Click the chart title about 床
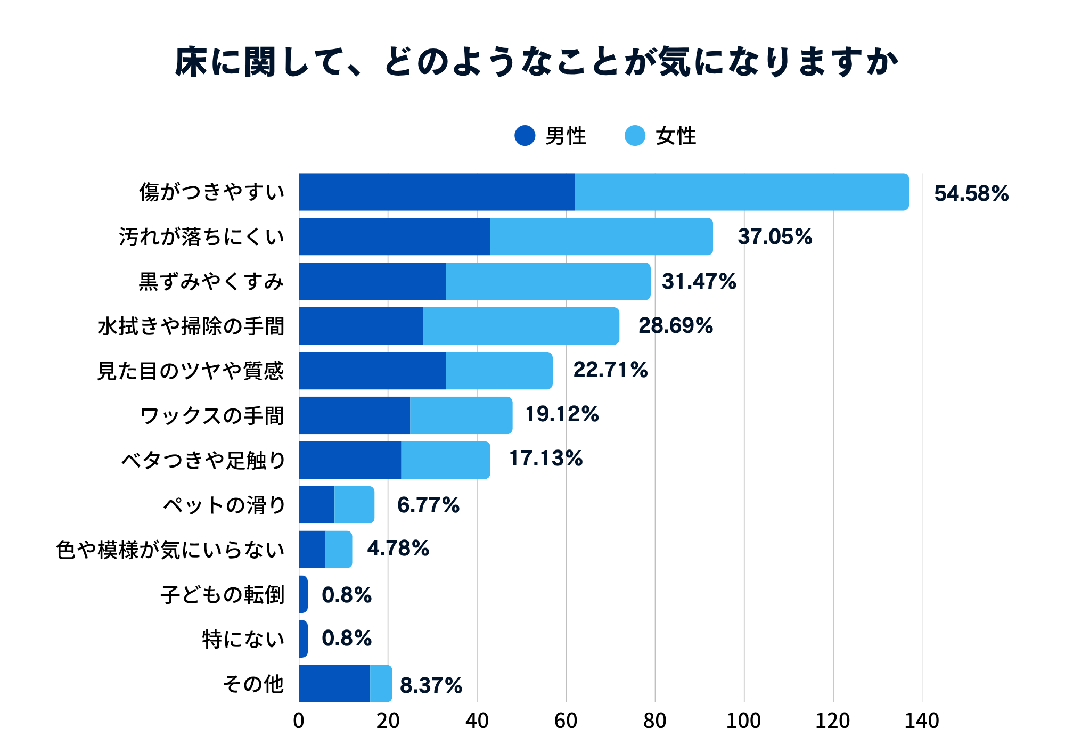[x=536, y=62]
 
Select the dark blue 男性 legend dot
[x=525, y=136]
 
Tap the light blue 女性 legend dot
[x=635, y=136]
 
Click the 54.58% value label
[x=971, y=193]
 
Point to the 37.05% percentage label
[x=775, y=236]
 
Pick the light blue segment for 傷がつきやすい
[x=742, y=192]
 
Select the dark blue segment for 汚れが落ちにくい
[x=395, y=236]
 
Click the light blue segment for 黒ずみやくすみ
[x=548, y=281]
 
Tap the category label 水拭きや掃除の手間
[x=191, y=326]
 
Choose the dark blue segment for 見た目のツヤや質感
[x=372, y=371]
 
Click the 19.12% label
[x=562, y=414]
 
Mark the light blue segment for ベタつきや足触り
[x=446, y=460]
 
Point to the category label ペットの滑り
[x=224, y=505]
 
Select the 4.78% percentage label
[x=398, y=549]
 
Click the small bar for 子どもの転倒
[x=303, y=594]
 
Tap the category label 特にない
[x=243, y=639]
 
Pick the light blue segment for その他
[x=381, y=684]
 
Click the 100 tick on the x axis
[x=743, y=721]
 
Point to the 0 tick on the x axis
[x=299, y=721]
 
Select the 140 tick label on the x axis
[x=922, y=721]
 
